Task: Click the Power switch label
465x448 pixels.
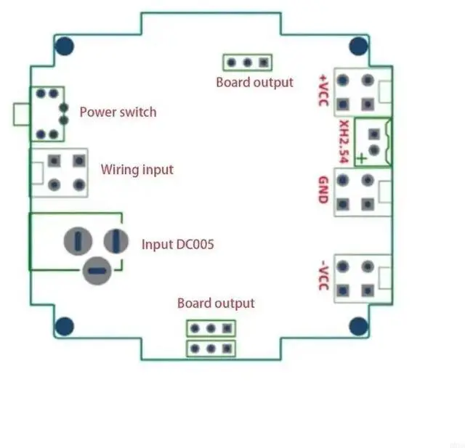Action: tap(117, 112)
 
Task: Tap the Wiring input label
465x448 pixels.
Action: tap(137, 169)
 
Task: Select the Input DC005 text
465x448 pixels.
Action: tap(177, 245)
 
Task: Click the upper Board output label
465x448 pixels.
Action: tap(254, 82)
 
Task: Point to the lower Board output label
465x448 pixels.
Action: tap(216, 303)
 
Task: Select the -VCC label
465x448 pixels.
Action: tap(323, 275)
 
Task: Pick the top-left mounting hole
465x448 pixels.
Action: tap(65, 46)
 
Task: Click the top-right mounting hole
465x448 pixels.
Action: tap(358, 46)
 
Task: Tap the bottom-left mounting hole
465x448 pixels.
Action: tap(65, 326)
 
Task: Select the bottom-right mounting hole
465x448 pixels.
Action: tap(358, 326)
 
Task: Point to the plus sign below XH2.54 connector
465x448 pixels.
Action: tap(361, 160)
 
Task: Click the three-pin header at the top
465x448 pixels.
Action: tap(247, 62)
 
